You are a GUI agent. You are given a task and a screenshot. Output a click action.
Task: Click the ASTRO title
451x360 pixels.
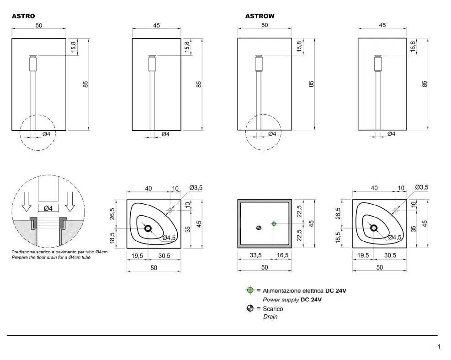click(23, 16)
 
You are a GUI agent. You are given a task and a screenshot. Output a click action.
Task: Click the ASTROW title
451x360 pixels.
click(260, 16)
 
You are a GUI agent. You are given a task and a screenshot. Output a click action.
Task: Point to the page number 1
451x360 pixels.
click(439, 346)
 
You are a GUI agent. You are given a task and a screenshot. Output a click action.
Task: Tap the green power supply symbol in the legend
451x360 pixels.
click(250, 291)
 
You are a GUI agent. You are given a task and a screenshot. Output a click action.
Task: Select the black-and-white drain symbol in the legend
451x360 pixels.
click(250, 308)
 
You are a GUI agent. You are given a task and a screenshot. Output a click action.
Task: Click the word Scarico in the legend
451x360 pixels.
click(273, 309)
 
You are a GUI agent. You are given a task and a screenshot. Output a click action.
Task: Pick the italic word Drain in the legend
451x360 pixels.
click(271, 317)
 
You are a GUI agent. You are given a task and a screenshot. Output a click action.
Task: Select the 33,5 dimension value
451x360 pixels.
click(256, 255)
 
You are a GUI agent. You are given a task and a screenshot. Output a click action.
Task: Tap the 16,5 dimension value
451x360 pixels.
click(282, 255)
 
